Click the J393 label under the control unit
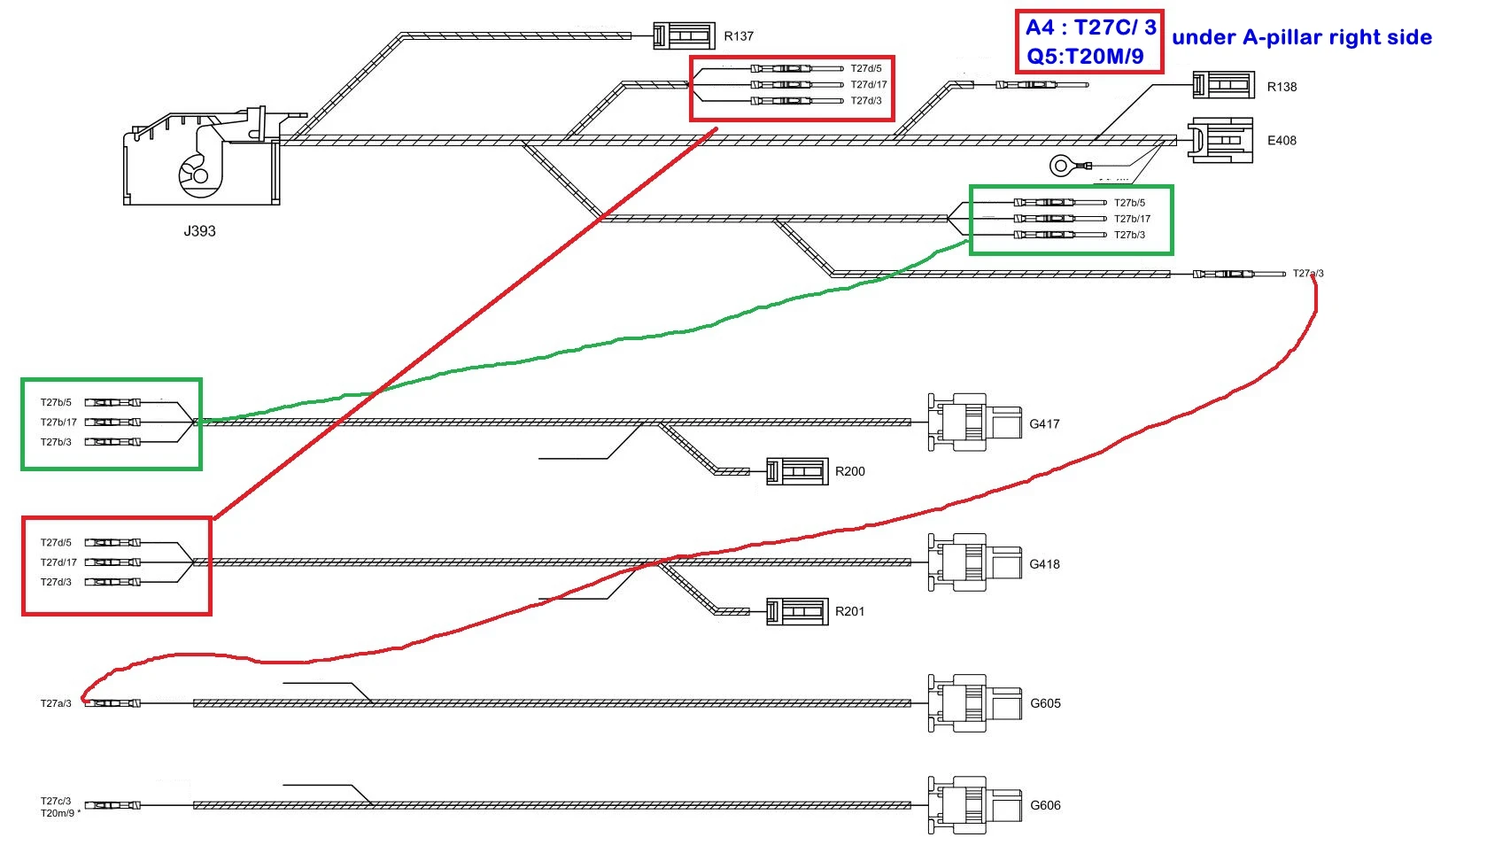pyautogui.click(x=199, y=231)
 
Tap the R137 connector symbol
pyautogui.click(x=684, y=35)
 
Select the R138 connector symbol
pyautogui.click(x=1223, y=86)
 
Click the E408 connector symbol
pyautogui.click(x=1220, y=140)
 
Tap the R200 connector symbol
pyautogui.click(x=797, y=471)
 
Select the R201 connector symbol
pyautogui.click(x=797, y=611)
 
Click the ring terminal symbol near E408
pyautogui.click(x=1061, y=165)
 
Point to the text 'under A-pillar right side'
pyautogui.click(x=1301, y=37)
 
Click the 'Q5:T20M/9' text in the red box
pyautogui.click(x=1085, y=57)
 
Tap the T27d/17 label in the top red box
pyautogui.click(x=869, y=85)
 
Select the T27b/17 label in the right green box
pyautogui.click(x=1132, y=219)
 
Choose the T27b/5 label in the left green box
pyautogui.click(x=56, y=403)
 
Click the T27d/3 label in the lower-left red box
pyautogui.click(x=56, y=582)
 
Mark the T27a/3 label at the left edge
pyautogui.click(x=56, y=703)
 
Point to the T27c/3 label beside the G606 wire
pyautogui.click(x=56, y=801)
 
